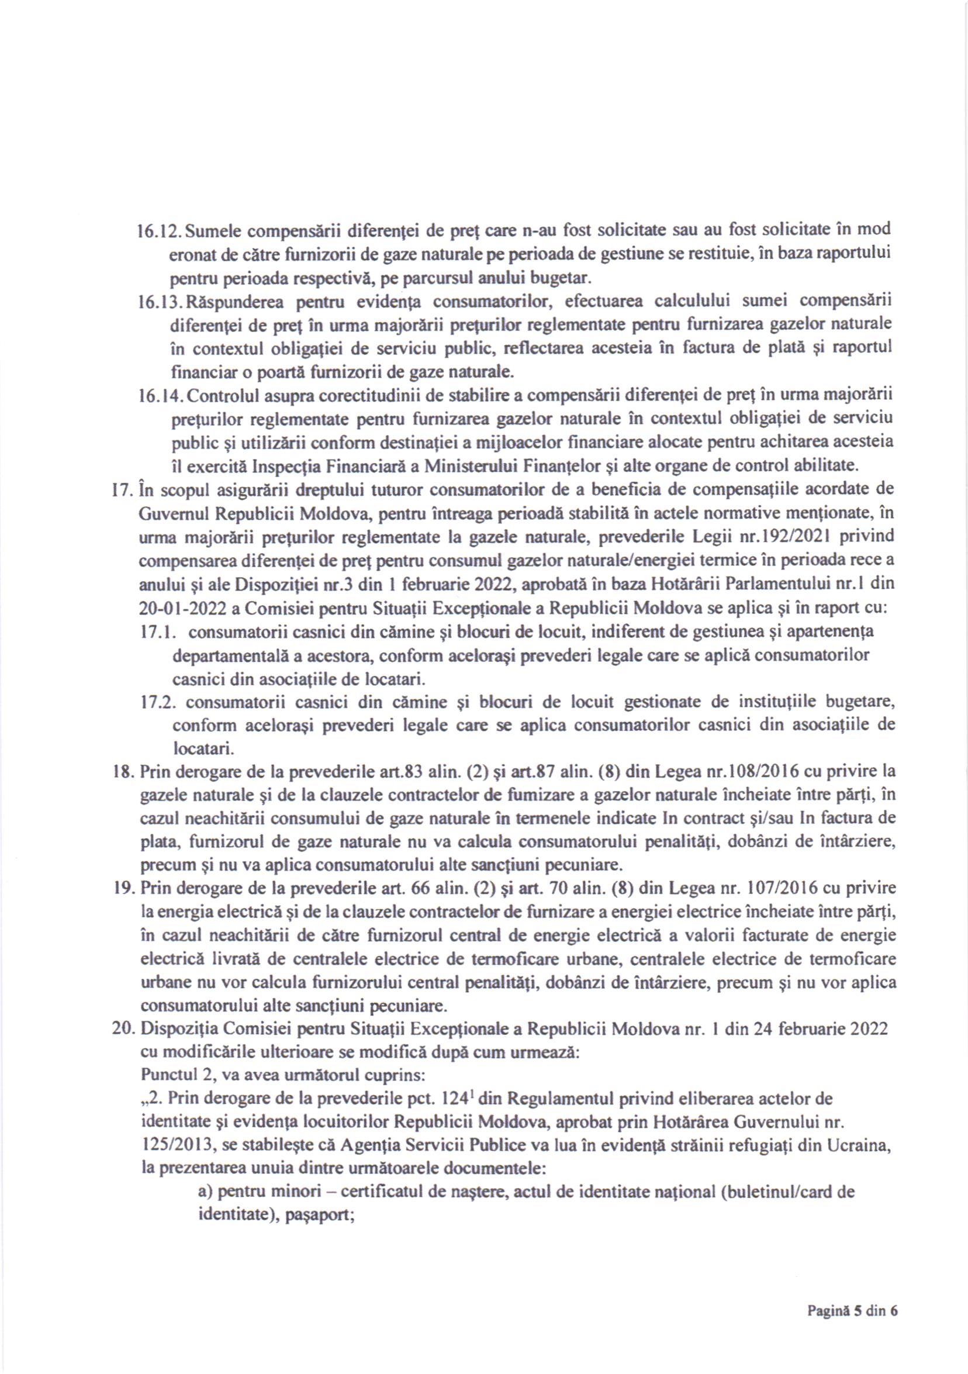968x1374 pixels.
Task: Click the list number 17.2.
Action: tap(157, 702)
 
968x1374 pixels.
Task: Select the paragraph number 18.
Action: tap(122, 772)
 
